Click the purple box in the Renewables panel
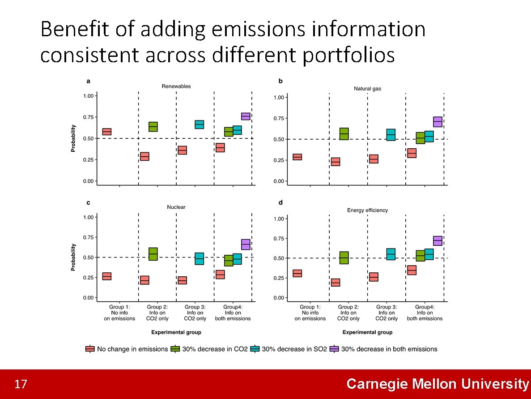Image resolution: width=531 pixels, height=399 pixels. [x=246, y=116]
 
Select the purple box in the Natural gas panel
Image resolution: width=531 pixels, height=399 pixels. [x=438, y=121]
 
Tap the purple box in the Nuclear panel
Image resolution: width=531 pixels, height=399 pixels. [x=246, y=245]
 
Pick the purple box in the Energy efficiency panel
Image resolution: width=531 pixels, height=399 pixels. [x=438, y=241]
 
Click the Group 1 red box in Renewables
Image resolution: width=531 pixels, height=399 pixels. [x=106, y=132]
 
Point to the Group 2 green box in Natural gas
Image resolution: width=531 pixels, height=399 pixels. [x=344, y=134]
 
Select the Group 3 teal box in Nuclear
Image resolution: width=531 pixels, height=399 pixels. [x=199, y=259]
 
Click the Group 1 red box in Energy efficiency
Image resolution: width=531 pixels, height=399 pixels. [x=297, y=273]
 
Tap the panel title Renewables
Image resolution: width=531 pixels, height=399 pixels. [x=176, y=86]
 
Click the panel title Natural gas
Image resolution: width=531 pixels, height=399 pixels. [x=367, y=89]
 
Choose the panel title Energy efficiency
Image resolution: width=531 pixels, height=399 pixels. [x=367, y=210]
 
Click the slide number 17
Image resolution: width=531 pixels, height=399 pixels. [x=21, y=384]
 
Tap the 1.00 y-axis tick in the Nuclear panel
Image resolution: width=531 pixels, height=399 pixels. [x=88, y=217]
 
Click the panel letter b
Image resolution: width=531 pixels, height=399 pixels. [x=280, y=81]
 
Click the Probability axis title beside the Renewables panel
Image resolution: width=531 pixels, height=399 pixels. [x=73, y=138]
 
